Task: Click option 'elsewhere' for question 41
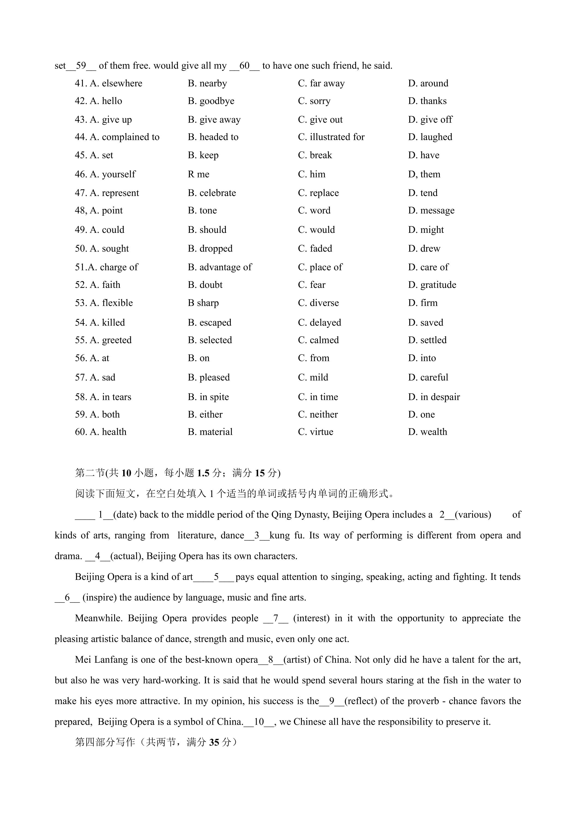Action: (122, 84)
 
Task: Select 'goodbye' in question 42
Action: (217, 101)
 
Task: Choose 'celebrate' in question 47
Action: (217, 193)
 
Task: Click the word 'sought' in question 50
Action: (115, 249)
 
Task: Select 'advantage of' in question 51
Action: (225, 267)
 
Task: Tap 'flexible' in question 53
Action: (117, 303)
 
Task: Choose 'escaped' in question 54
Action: (215, 323)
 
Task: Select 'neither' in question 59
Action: (323, 415)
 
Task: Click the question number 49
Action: (81, 230)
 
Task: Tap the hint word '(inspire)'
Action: (99, 598)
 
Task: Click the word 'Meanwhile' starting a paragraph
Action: (98, 618)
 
